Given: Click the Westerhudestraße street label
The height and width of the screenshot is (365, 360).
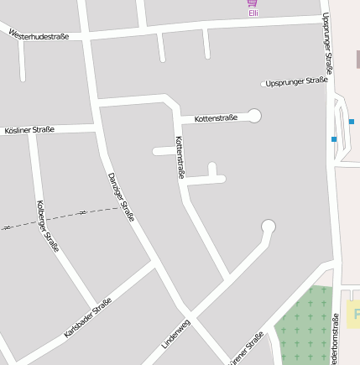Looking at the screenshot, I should (39, 35).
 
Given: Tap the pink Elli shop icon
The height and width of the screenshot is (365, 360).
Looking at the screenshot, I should (253, 3).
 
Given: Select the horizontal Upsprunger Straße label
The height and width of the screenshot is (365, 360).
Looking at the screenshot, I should (295, 82).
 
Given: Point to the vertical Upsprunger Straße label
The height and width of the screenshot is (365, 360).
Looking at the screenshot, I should (327, 42).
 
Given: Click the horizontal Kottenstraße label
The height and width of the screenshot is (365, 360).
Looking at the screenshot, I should (216, 118).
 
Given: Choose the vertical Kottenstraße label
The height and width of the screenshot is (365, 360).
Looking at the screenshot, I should (180, 157).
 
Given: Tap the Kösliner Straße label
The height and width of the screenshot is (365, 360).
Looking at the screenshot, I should (29, 130).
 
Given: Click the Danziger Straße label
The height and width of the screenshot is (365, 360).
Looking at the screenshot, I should (121, 197).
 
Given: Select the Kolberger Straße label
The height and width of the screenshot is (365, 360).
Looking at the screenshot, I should (48, 226).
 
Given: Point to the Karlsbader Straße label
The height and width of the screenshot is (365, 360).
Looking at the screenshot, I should (87, 318).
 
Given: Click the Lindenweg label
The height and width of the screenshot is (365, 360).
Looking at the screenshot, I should (176, 334).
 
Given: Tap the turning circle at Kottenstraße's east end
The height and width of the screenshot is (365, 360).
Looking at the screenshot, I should (254, 116).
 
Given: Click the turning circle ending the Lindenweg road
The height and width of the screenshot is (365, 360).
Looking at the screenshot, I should (269, 226).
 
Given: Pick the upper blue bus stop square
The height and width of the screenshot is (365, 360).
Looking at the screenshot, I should (351, 122).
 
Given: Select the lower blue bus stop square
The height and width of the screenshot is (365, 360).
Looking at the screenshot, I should (334, 139).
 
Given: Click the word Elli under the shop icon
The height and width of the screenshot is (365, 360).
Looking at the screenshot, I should (253, 13).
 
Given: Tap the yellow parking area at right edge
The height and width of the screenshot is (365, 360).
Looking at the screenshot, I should (353, 314).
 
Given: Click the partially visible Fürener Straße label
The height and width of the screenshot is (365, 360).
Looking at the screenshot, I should (247, 348).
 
